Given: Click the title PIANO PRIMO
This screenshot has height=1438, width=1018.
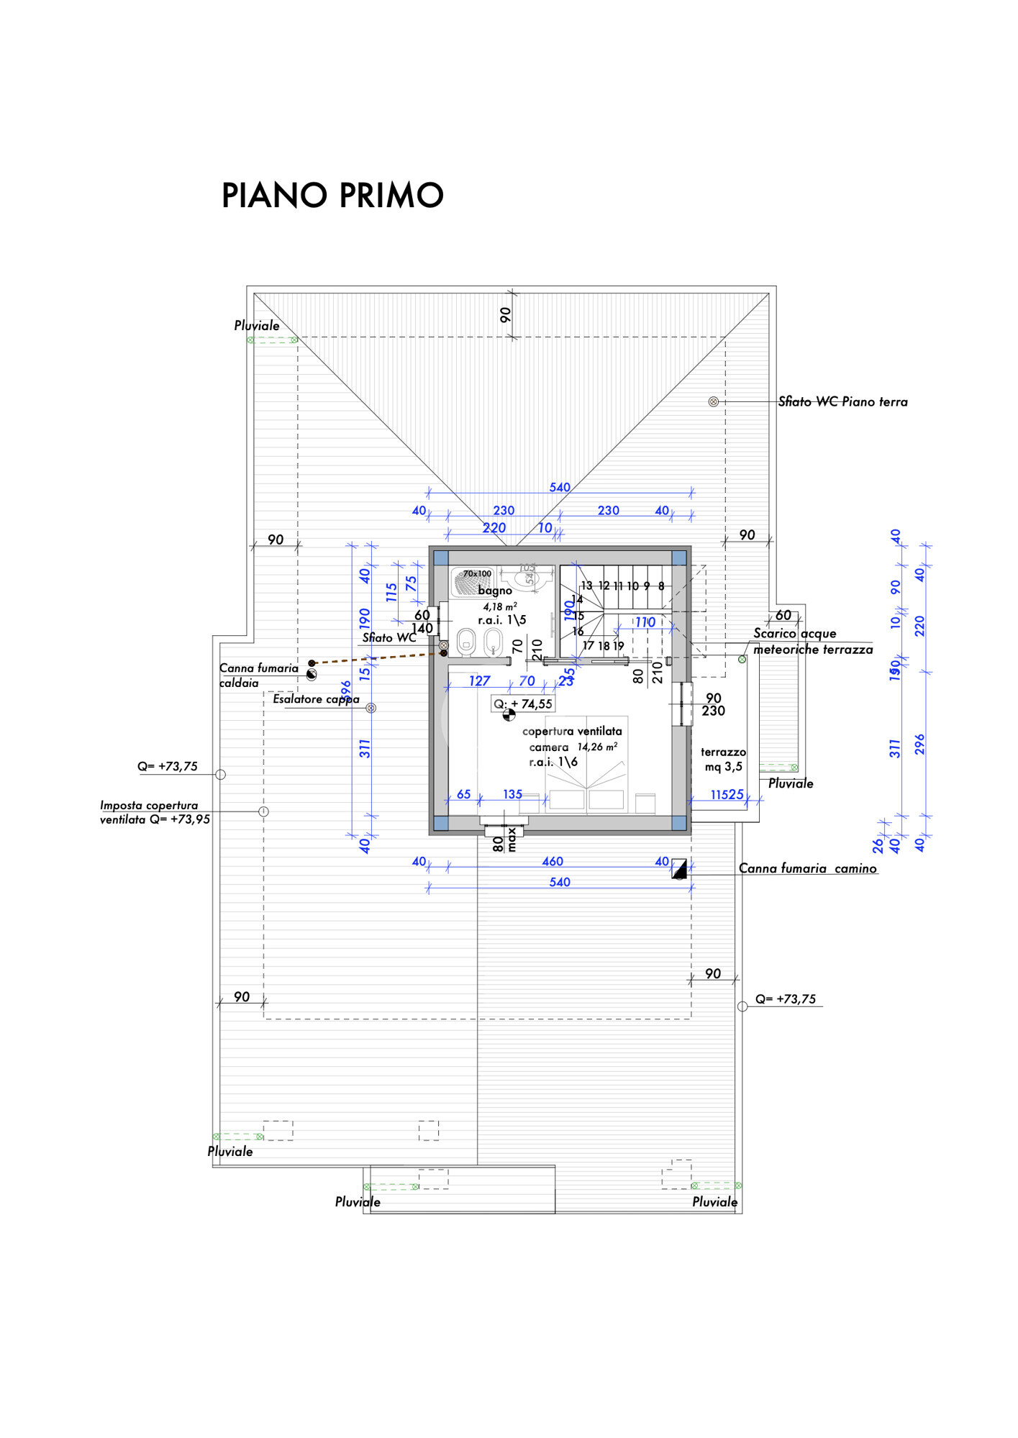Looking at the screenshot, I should [x=332, y=195].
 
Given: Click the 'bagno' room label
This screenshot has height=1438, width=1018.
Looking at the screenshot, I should [x=495, y=591].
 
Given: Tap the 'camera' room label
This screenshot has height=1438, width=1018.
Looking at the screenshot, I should [x=549, y=747].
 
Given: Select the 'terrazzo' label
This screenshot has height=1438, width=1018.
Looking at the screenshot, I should [x=723, y=752].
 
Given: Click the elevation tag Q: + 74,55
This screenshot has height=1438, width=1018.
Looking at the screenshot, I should [x=523, y=704].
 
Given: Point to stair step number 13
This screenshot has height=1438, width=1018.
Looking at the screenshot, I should [x=586, y=586].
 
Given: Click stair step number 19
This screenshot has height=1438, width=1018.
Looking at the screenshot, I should [x=619, y=646].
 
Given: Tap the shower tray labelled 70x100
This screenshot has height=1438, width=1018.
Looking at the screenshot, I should [x=472, y=582].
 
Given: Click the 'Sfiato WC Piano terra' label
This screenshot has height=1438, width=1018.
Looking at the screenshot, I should [x=842, y=401].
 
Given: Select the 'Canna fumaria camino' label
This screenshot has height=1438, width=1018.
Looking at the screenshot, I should [x=807, y=868].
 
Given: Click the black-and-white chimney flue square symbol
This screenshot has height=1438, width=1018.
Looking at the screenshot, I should [x=679, y=868].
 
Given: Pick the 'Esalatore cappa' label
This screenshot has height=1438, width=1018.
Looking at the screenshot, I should [x=316, y=699].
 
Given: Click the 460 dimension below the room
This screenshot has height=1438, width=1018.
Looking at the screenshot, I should [x=553, y=861].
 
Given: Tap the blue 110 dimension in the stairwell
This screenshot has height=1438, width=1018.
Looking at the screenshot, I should [x=645, y=622].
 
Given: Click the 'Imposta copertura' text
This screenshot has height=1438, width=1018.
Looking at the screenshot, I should [x=149, y=806].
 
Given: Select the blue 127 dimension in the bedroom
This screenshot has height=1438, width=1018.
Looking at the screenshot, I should [x=479, y=681].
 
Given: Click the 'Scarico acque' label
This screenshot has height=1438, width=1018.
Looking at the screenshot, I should [x=794, y=633].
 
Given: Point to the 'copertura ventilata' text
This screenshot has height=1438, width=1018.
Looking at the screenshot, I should [x=572, y=732].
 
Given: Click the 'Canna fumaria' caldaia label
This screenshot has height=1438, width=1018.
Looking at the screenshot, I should [x=258, y=668].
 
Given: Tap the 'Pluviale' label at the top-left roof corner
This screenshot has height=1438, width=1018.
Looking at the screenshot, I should [x=257, y=326].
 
